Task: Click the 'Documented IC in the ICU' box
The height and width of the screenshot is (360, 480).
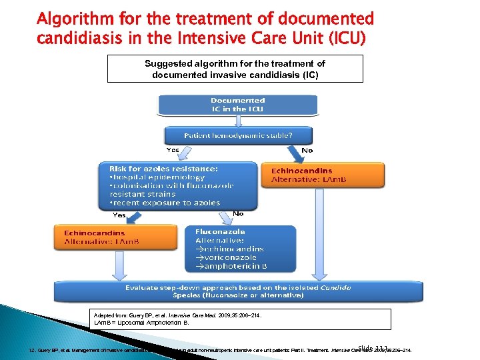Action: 237,105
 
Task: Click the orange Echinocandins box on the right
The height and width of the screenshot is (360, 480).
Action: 323,175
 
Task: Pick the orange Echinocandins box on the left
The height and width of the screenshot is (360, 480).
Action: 114,237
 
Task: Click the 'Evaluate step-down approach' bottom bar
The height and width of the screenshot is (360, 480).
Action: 237,291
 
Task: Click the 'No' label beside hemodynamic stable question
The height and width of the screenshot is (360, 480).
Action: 307,151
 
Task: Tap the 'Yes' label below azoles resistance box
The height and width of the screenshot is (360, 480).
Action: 119,215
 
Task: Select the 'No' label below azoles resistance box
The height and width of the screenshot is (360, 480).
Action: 238,214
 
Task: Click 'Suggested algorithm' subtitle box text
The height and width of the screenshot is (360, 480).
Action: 235,69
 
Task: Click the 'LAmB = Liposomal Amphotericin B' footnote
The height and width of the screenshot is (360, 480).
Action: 141,322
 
